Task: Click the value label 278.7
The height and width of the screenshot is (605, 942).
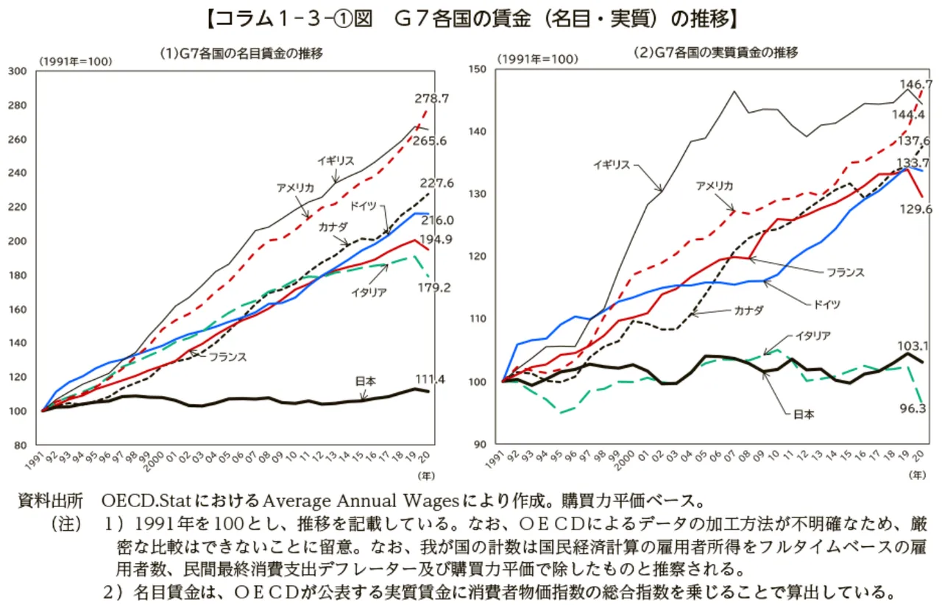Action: pyautogui.click(x=431, y=99)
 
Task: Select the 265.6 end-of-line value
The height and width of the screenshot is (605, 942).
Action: pyautogui.click(x=429, y=141)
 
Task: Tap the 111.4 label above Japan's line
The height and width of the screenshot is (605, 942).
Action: pyautogui.click(x=430, y=379)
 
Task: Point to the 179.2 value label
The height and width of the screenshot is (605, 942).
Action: pyautogui.click(x=434, y=287)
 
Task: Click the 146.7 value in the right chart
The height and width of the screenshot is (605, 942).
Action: pyautogui.click(x=916, y=84)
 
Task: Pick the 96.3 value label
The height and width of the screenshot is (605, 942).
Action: pyautogui.click(x=913, y=408)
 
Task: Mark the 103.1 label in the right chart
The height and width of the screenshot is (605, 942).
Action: pyautogui.click(x=913, y=346)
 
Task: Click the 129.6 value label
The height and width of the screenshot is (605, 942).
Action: pyautogui.click(x=916, y=209)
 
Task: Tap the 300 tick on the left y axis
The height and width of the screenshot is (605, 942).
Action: pyautogui.click(x=17, y=71)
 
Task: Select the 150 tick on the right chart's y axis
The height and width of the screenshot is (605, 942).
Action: pyautogui.click(x=478, y=68)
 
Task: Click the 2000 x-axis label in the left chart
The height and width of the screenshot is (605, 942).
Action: pyautogui.click(x=155, y=461)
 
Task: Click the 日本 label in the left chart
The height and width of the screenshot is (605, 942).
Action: pyautogui.click(x=365, y=381)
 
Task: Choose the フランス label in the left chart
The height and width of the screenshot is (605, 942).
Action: pyautogui.click(x=227, y=357)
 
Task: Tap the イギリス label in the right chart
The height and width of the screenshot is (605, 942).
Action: pyautogui.click(x=612, y=165)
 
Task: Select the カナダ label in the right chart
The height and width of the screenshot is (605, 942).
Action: pyautogui.click(x=748, y=311)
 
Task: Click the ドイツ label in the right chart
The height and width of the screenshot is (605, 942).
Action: pyautogui.click(x=826, y=304)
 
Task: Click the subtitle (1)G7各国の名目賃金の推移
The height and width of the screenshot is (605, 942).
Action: pyautogui.click(x=241, y=54)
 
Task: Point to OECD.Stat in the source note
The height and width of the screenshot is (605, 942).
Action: pyautogui.click(x=146, y=500)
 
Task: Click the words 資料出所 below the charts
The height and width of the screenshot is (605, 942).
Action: pyautogui.click(x=51, y=500)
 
